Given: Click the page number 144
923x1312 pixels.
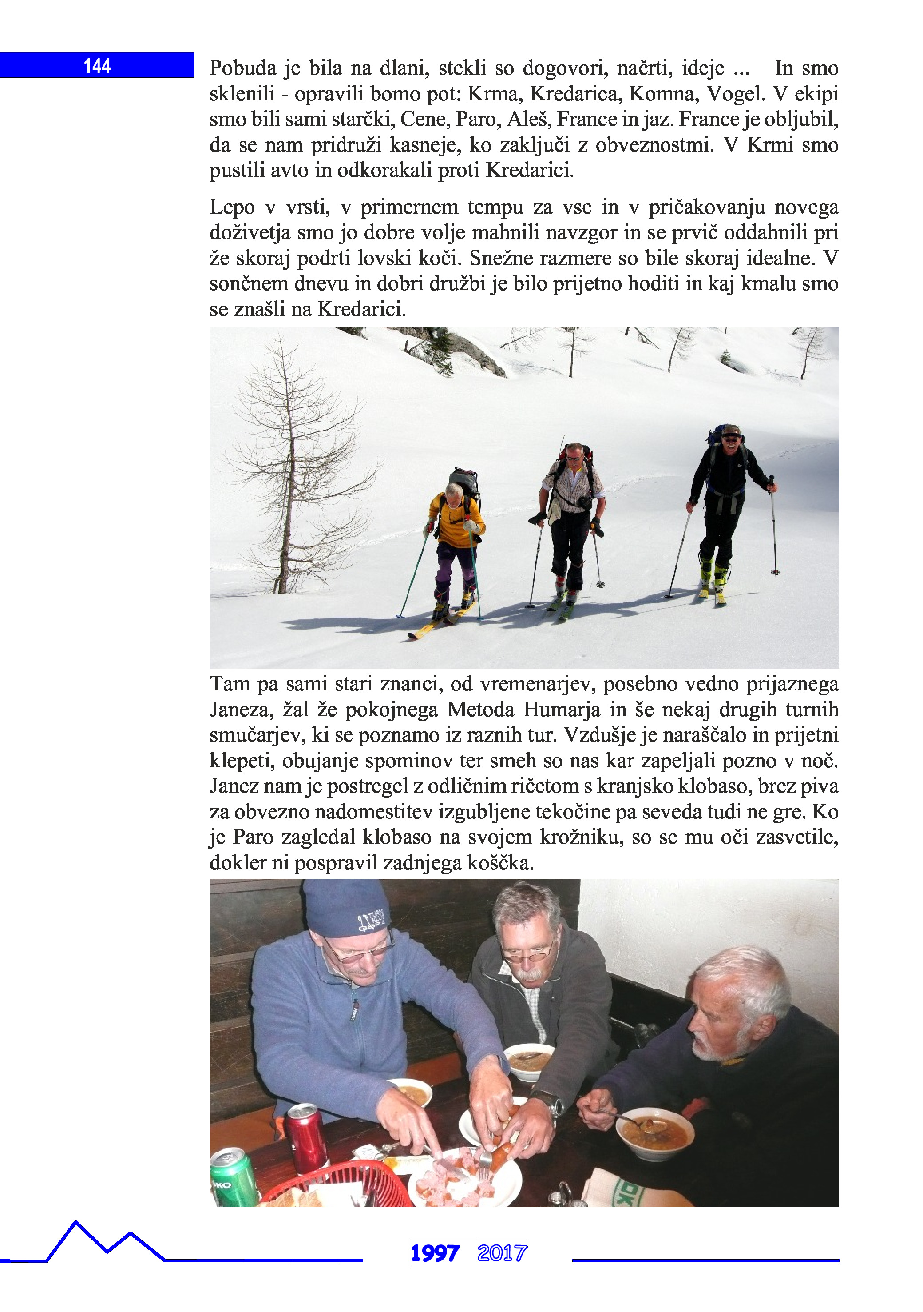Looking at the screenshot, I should click(97, 66).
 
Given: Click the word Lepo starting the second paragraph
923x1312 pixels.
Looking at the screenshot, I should click(232, 207).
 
